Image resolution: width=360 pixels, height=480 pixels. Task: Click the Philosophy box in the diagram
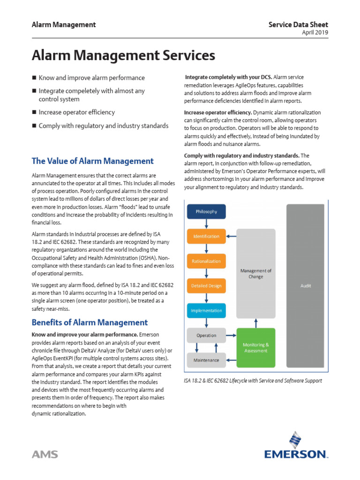click(x=206, y=211)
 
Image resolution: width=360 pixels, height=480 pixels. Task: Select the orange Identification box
click(x=206, y=236)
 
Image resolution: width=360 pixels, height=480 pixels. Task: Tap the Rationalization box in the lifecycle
click(x=206, y=261)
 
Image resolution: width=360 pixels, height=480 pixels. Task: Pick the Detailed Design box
click(x=206, y=286)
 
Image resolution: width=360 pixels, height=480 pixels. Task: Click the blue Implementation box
click(x=206, y=310)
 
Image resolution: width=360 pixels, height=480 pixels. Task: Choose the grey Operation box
click(x=206, y=335)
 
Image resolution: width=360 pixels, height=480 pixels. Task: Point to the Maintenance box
click(x=206, y=360)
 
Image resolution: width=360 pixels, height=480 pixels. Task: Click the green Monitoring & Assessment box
click(x=255, y=347)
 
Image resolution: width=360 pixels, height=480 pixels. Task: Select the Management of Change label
click(x=255, y=274)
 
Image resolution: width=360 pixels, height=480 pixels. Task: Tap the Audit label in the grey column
click(x=305, y=285)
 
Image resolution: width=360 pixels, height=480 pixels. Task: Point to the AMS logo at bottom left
click(x=45, y=454)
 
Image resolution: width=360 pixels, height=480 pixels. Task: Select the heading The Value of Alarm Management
click(x=92, y=161)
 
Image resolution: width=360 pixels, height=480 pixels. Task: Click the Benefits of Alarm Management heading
click(x=89, y=322)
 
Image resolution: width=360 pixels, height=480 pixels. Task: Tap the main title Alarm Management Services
click(x=123, y=56)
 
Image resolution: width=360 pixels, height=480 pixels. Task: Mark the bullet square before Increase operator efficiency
click(x=34, y=112)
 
